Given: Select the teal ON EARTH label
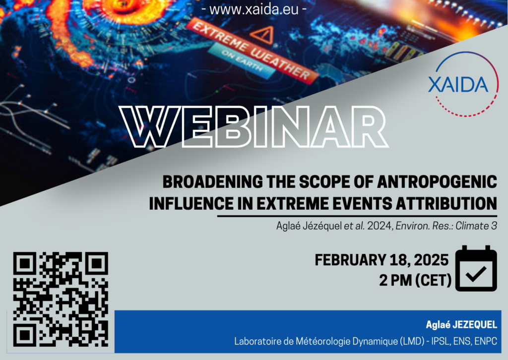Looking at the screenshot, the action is click(242, 60).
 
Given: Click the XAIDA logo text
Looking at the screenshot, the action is click(458, 84).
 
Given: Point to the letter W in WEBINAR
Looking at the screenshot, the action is click(149, 126).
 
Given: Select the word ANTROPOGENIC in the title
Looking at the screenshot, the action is click(437, 181).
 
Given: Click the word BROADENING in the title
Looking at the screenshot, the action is click(212, 181).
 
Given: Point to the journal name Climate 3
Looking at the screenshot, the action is click(476, 226).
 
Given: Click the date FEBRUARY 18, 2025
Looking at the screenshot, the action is click(381, 260).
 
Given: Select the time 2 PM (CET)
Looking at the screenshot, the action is click(415, 280).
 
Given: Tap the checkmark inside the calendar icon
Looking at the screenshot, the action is click(476, 274).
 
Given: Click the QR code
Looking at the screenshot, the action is click(61, 300).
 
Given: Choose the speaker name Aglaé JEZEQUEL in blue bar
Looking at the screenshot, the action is click(461, 325).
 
